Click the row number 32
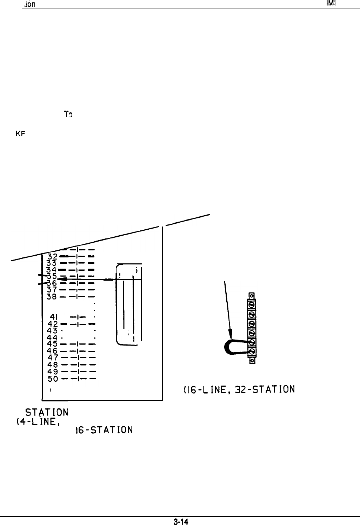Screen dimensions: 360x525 tap(52, 256)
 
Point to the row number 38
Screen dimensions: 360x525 tap(52, 296)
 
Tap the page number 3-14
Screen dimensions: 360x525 tap(180, 521)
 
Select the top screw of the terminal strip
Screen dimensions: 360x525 tap(252, 303)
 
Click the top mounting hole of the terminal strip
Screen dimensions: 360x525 tap(252, 295)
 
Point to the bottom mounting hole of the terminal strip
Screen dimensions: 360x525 tap(252, 360)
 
